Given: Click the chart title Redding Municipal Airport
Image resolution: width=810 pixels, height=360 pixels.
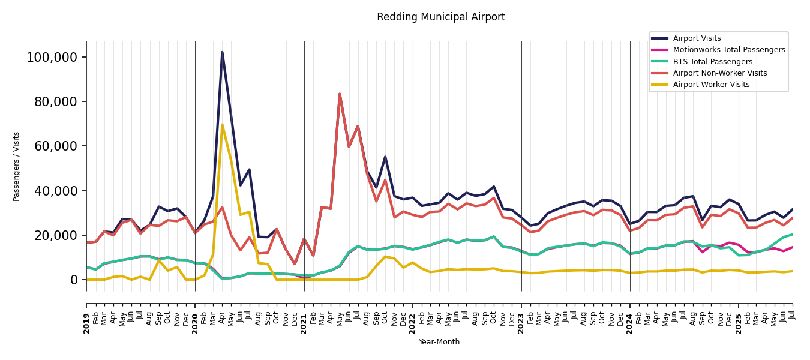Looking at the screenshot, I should (x=441, y=17).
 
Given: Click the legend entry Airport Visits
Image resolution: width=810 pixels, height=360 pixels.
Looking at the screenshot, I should (x=697, y=38).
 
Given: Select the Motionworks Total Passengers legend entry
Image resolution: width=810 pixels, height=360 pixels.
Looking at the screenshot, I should (x=728, y=50).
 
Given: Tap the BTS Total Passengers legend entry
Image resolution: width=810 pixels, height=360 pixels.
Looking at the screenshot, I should (x=712, y=62).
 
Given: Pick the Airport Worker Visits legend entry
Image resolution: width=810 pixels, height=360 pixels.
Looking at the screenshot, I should (x=711, y=85).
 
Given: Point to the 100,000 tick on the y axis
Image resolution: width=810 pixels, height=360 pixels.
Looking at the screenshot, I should (x=52, y=58).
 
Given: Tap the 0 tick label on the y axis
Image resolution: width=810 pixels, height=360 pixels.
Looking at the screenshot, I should (x=74, y=280).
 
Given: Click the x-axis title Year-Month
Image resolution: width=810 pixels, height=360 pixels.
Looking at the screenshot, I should (x=439, y=342).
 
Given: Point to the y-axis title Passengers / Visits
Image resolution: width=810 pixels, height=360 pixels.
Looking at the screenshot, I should (x=17, y=166).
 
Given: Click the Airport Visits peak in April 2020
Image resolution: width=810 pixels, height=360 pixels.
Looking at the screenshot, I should (x=222, y=52).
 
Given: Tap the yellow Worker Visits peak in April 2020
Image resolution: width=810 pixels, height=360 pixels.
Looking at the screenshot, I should (x=222, y=125).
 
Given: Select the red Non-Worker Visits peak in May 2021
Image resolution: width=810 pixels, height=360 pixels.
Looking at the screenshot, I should (x=340, y=94).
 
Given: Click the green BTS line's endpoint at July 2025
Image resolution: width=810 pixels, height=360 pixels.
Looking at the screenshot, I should (x=792, y=235).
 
